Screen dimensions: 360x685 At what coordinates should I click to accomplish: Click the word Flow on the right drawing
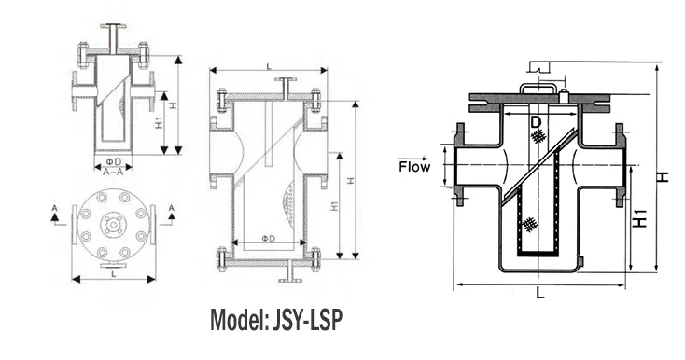coord(414,168)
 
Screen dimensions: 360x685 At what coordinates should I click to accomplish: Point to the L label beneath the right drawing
coord(541,293)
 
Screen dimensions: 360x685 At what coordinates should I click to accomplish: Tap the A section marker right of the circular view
coord(171,212)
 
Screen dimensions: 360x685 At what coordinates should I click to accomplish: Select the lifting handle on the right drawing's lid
coord(541,88)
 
